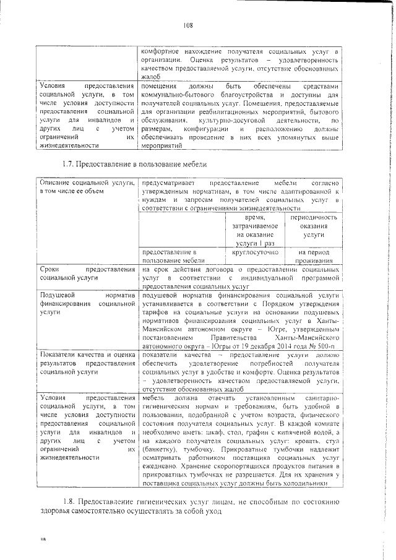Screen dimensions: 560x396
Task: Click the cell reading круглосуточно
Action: tap(256, 252)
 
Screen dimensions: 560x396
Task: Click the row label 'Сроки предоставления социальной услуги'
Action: tap(87, 274)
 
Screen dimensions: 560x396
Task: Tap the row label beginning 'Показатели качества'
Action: tap(87, 364)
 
